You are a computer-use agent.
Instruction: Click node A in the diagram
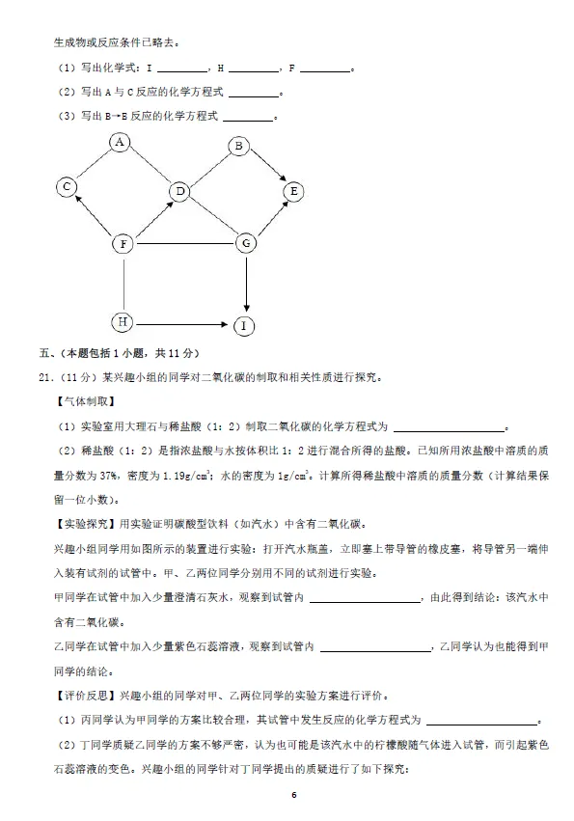click(120, 143)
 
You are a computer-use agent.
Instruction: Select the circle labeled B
click(239, 147)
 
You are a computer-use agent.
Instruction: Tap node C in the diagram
click(66, 187)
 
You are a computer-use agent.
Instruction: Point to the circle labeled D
click(179, 193)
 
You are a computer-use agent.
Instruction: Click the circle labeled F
click(123, 244)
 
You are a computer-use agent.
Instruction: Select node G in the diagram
click(247, 243)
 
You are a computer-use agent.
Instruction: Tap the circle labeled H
click(123, 321)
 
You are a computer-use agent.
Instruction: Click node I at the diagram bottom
click(245, 326)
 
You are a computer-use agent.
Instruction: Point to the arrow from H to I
click(183, 323)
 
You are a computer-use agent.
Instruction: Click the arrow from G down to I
click(247, 285)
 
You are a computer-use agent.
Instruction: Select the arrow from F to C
click(95, 216)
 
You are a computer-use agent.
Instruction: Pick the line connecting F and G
click(183, 244)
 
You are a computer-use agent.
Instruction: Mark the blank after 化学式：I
click(181, 68)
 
